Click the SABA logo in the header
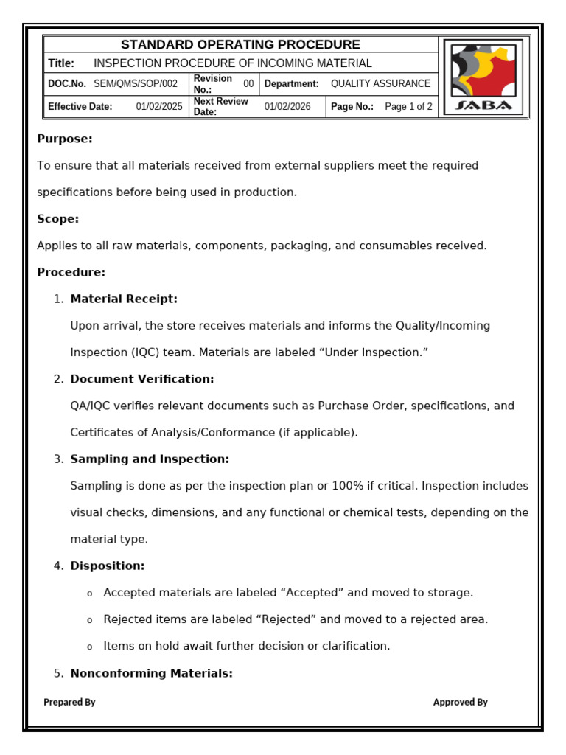pos(483,77)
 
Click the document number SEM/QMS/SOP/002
pos(136,84)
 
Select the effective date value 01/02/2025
pos(158,107)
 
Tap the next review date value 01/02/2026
pos(287,107)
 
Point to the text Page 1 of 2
pos(408,107)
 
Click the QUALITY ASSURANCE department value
pos(380,84)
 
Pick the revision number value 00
pos(248,84)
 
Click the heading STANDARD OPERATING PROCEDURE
pos(240,45)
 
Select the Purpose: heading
pos(65,139)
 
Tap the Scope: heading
pos(58,219)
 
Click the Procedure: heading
pos(71,272)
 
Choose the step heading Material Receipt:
pos(124,299)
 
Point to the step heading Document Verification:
pos(142,379)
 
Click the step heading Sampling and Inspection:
pos(150,459)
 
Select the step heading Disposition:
pos(108,566)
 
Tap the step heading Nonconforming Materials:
pos(152,672)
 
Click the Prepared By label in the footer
pos(69,703)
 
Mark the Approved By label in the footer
pos(460,703)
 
